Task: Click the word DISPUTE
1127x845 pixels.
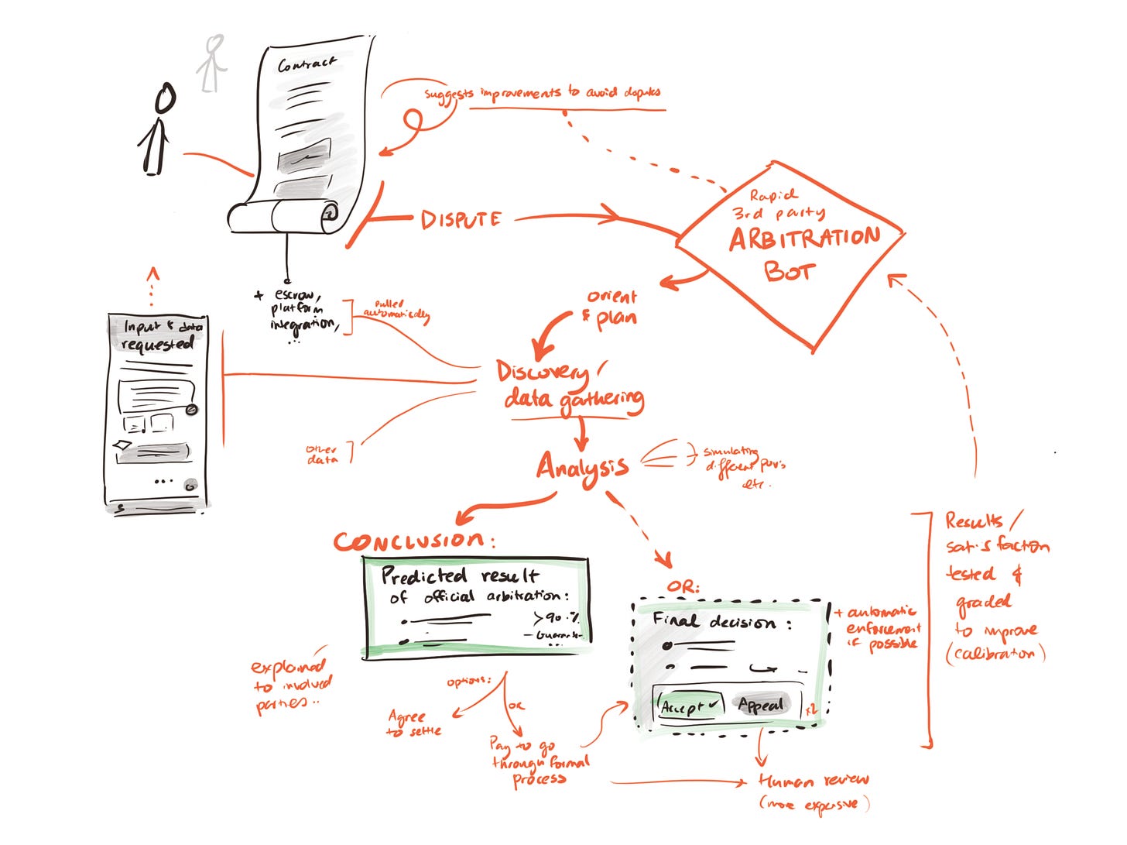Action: (x=461, y=220)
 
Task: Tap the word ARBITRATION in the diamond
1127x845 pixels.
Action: (x=804, y=239)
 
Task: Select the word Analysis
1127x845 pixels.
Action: (x=582, y=467)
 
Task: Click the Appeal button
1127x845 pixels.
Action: (x=761, y=705)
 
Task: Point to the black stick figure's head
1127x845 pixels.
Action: (x=165, y=99)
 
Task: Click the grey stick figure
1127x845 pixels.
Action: (x=211, y=64)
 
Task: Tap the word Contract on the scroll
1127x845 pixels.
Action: (x=307, y=64)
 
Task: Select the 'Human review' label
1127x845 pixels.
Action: (x=814, y=780)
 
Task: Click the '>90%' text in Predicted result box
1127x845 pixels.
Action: (x=557, y=617)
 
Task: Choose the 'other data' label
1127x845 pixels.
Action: (x=322, y=455)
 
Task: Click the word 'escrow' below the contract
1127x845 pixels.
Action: (x=294, y=294)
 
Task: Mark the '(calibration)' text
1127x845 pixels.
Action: (x=995, y=654)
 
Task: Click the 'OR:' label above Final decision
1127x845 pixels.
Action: (x=683, y=587)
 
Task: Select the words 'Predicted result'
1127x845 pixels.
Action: (x=460, y=575)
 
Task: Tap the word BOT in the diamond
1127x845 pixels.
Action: (x=789, y=271)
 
